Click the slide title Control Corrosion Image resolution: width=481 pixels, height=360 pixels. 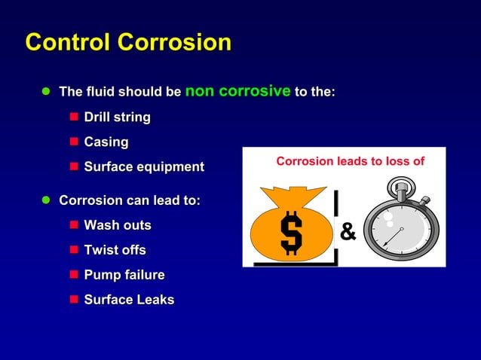click(128, 42)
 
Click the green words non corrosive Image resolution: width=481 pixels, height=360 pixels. click(237, 91)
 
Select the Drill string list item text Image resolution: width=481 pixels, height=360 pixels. click(117, 117)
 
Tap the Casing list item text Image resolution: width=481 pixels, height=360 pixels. click(106, 142)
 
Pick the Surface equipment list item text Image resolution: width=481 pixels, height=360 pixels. click(143, 167)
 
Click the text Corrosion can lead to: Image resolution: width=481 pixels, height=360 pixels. click(129, 201)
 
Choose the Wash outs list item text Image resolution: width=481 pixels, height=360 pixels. click(117, 225)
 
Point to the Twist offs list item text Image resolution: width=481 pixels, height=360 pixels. click(115, 250)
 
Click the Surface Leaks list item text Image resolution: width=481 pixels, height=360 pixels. click(128, 300)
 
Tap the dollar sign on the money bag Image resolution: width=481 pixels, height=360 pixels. click(290, 233)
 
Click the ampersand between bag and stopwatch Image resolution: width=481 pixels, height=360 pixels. click(348, 232)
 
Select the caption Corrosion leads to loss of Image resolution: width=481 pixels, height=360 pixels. click(350, 161)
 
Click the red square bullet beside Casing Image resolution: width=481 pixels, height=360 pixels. click(74, 142)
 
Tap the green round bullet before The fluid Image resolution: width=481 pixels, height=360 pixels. click(45, 93)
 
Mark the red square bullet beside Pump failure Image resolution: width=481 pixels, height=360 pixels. click(74, 275)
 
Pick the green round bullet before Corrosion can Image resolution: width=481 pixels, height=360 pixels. click(45, 201)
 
